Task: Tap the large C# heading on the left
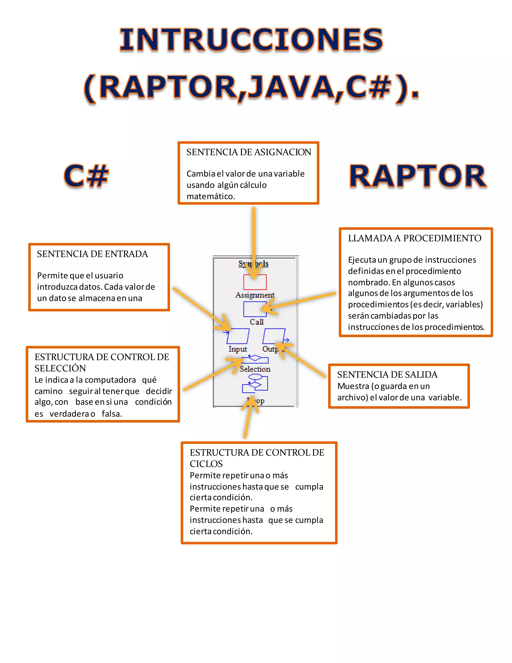(x=86, y=176)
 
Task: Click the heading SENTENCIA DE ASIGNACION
(x=249, y=152)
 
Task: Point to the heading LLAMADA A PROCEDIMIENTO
(x=414, y=238)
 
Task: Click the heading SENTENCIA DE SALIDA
(x=387, y=375)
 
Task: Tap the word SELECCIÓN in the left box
(x=60, y=368)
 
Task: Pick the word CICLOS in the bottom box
(x=206, y=464)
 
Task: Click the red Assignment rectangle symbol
(x=255, y=282)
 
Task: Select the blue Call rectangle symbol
(x=255, y=309)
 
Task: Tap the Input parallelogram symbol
(x=238, y=336)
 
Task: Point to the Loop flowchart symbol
(x=255, y=383)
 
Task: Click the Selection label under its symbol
(x=255, y=369)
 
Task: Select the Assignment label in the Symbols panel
(x=255, y=295)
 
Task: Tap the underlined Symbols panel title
(x=253, y=263)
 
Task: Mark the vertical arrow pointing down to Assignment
(x=253, y=237)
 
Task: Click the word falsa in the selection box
(x=111, y=414)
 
